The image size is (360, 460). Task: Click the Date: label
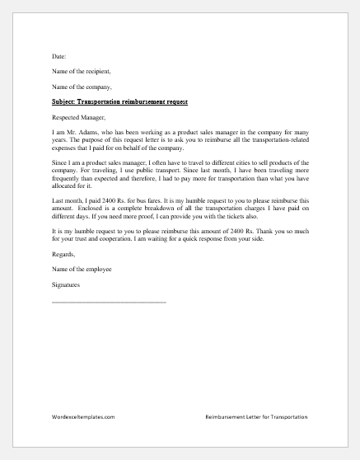(x=58, y=56)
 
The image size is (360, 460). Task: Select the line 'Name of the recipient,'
(x=80, y=71)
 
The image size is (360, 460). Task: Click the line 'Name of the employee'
(x=81, y=270)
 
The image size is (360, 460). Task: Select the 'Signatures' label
(x=67, y=285)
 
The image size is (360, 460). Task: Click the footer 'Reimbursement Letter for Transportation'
(x=256, y=417)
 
